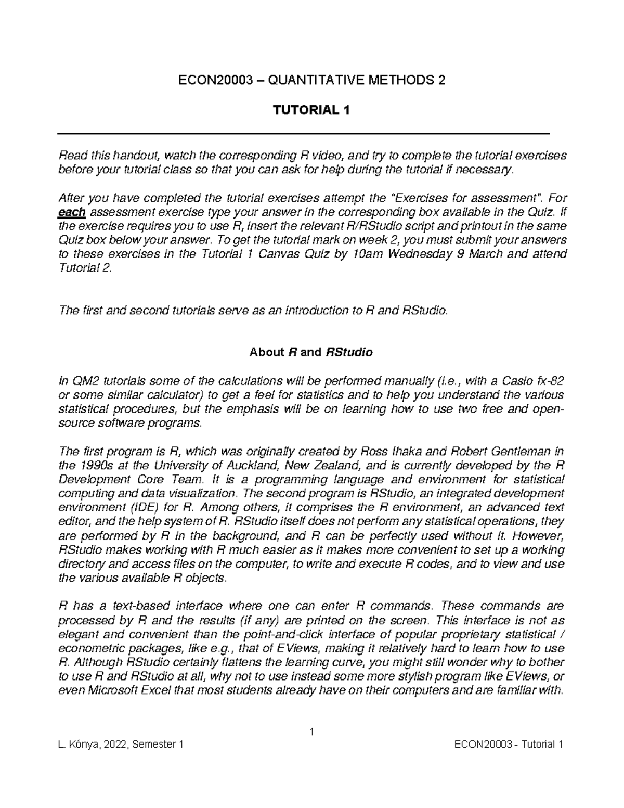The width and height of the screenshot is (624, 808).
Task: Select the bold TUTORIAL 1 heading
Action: [312, 110]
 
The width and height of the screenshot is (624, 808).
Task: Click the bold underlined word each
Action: [73, 212]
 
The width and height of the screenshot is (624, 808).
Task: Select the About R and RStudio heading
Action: [311, 352]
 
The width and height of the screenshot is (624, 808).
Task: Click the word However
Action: [539, 535]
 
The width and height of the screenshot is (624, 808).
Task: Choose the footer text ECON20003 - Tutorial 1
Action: [509, 745]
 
